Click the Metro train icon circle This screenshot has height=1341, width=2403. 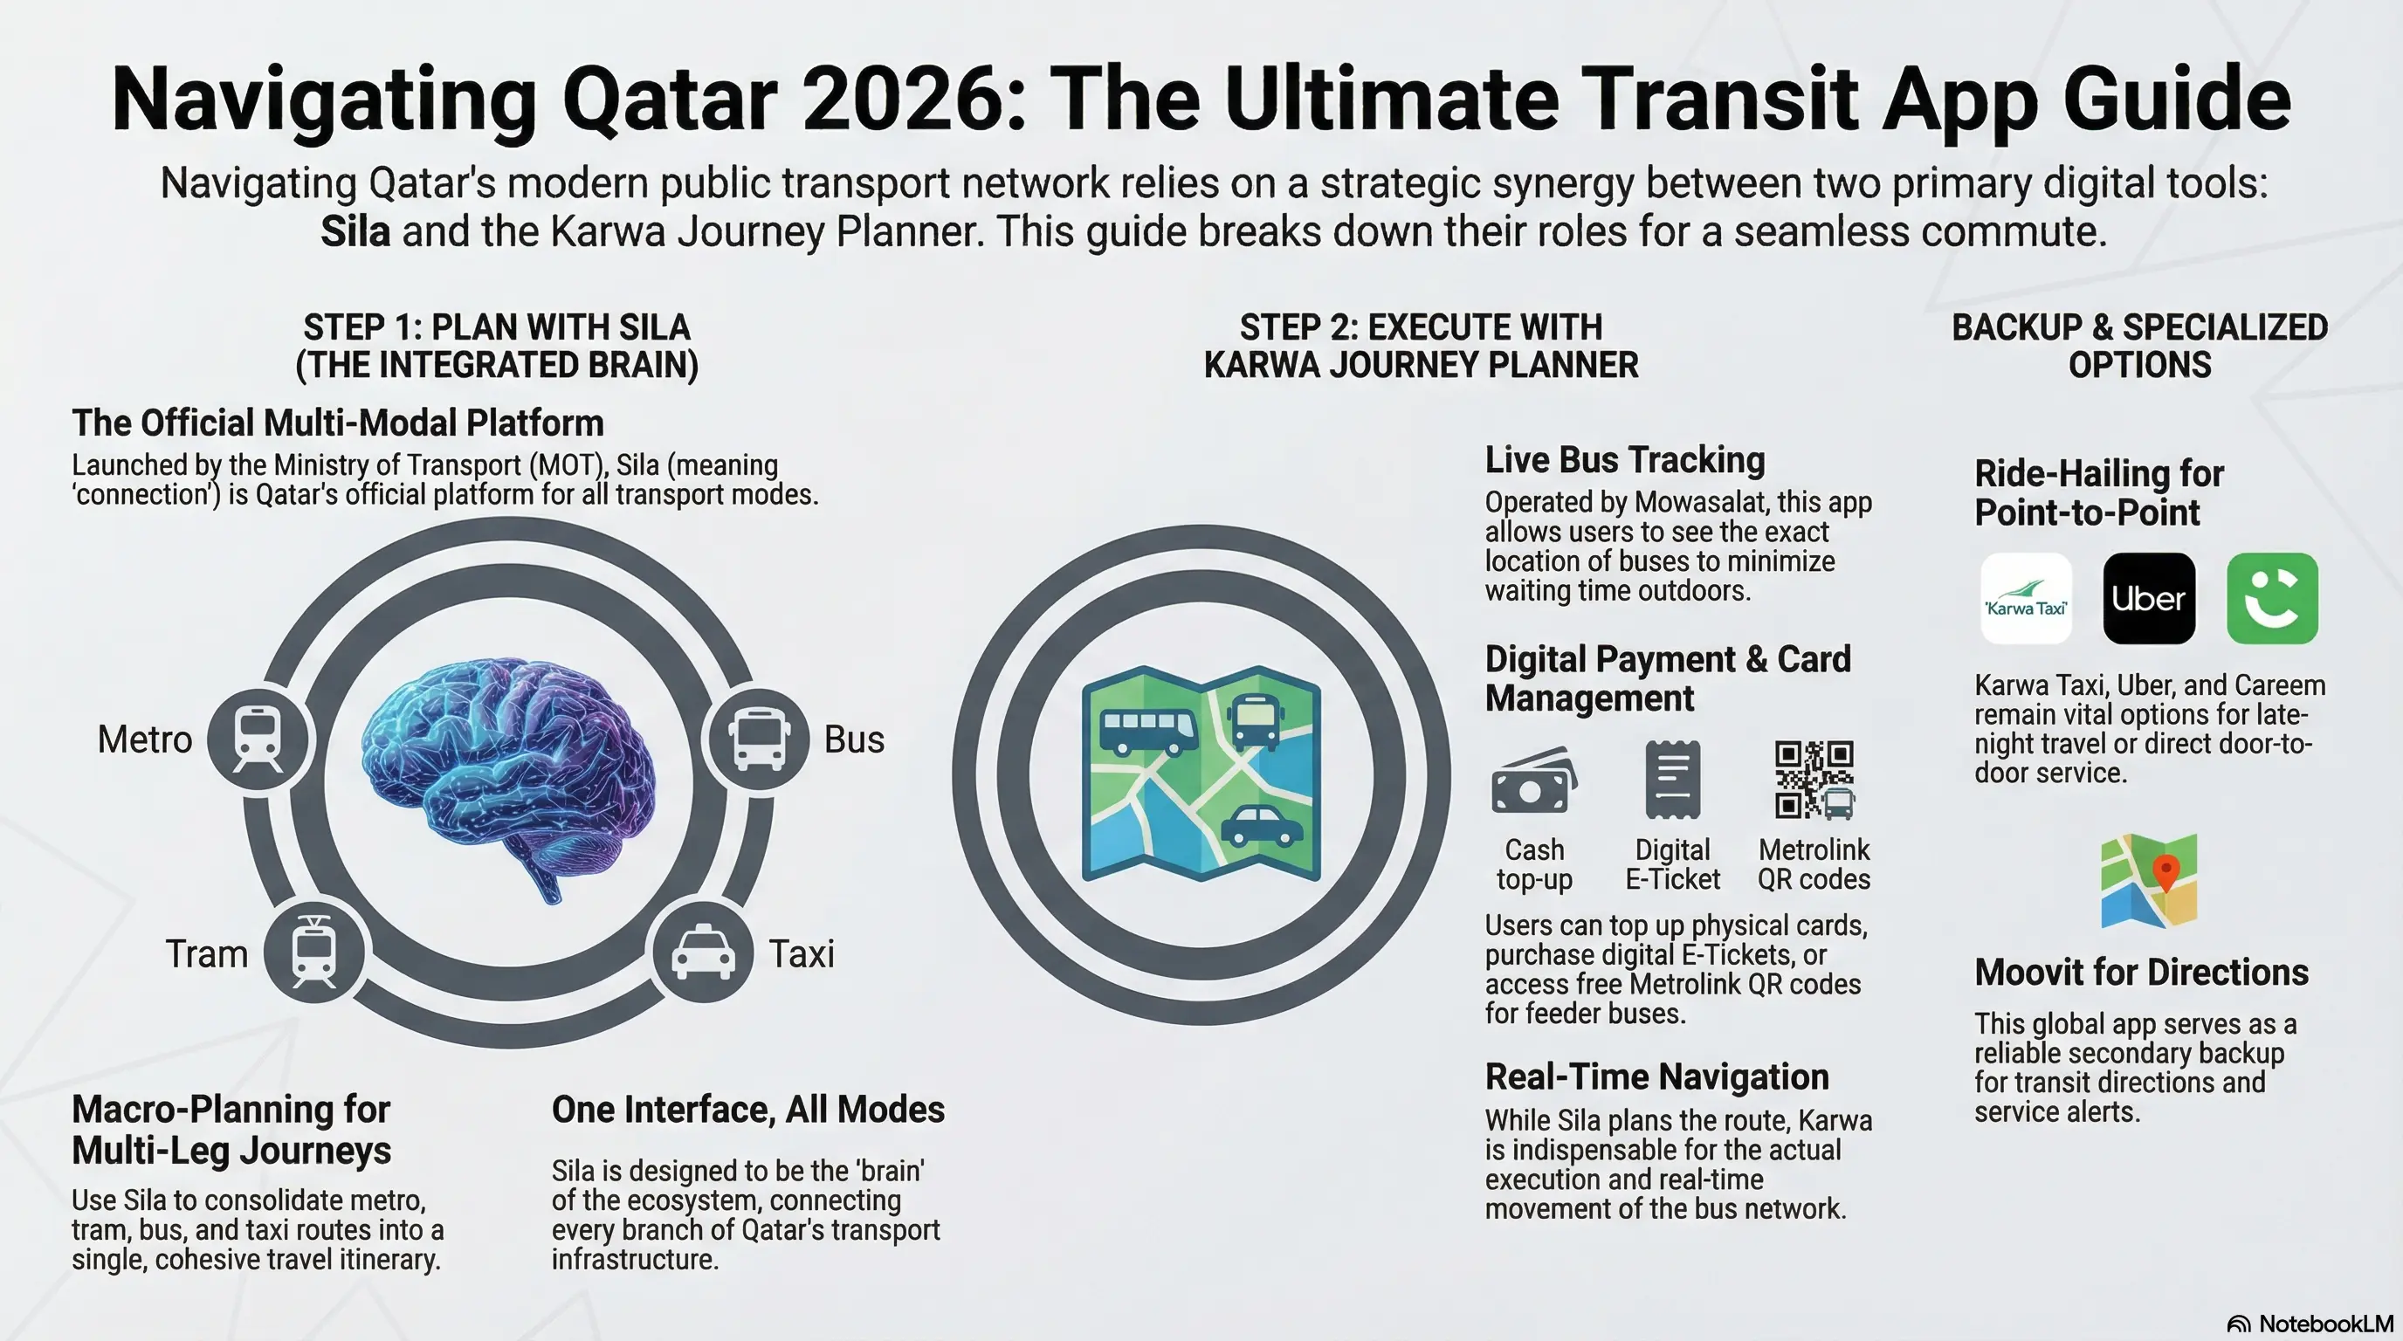258,739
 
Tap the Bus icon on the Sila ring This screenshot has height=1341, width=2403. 760,739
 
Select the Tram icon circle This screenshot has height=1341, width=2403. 314,952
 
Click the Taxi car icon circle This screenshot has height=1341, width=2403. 701,952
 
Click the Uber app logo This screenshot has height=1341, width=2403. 2148,599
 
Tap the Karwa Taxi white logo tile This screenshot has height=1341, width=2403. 2025,599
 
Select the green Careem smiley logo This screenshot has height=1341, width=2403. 2271,599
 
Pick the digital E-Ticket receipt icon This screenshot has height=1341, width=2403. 1673,780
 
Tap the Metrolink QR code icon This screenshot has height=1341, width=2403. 1814,780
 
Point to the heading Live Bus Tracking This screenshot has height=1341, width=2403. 1624,461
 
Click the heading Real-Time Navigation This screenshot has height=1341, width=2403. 1656,1077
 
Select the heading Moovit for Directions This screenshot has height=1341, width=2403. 2141,973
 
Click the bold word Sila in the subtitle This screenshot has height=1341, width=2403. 355,231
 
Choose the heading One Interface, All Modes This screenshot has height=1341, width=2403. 747,1110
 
